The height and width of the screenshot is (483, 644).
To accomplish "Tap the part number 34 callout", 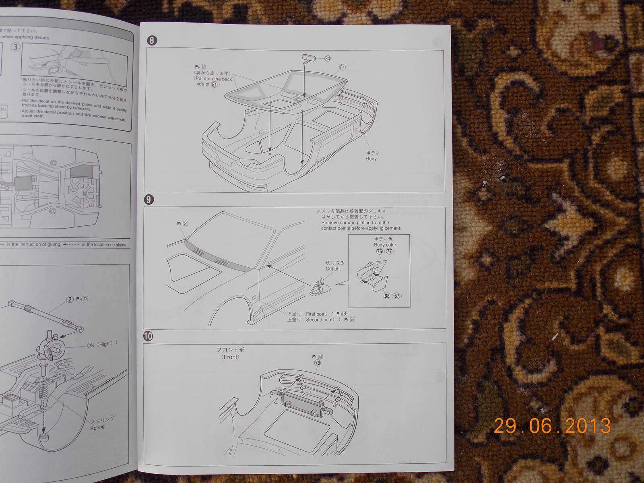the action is coord(327,59).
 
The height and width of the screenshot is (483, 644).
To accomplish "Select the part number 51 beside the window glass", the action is coord(342,67).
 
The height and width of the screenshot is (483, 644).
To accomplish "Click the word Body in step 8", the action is coord(371,159).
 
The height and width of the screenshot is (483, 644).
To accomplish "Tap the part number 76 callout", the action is coord(379,252).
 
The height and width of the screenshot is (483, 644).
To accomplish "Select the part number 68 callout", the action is coord(387,296).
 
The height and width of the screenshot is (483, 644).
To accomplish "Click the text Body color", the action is coord(385,245).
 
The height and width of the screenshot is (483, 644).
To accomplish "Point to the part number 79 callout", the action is coord(318,363).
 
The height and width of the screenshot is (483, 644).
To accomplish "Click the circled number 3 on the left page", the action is coord(15,47).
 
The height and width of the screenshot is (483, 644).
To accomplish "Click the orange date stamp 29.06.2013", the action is coord(552,426).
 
